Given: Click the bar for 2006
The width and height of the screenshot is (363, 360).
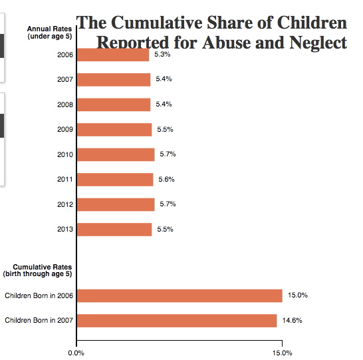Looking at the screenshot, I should pyautogui.click(x=113, y=55).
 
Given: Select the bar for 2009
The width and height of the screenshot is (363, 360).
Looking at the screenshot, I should pyautogui.click(x=114, y=130).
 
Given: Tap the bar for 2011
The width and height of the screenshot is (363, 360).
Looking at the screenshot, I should pyautogui.click(x=115, y=180).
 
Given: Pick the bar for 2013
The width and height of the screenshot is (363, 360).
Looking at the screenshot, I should pyautogui.click(x=114, y=230).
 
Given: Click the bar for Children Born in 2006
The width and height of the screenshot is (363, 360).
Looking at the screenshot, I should pyautogui.click(x=180, y=295).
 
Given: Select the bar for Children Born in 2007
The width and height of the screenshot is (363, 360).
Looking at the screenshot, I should pyautogui.click(x=177, y=321).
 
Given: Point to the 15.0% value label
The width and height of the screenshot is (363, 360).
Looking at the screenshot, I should pyautogui.click(x=297, y=295).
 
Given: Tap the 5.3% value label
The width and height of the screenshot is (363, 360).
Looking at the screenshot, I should pyautogui.click(x=162, y=55).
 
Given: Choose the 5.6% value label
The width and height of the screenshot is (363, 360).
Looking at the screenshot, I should pyautogui.click(x=166, y=180).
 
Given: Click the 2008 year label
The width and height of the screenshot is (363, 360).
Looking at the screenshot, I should pyautogui.click(x=65, y=105).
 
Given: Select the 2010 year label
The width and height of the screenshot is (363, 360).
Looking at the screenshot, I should pyautogui.click(x=65, y=155).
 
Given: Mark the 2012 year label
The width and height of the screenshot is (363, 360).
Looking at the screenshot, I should pyautogui.click(x=65, y=205).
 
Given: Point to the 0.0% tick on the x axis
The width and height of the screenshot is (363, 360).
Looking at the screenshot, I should pyautogui.click(x=77, y=353).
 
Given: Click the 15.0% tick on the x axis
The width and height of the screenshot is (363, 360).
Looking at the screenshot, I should pyautogui.click(x=282, y=353).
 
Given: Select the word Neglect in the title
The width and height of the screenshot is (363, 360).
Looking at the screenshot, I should pyautogui.click(x=318, y=43).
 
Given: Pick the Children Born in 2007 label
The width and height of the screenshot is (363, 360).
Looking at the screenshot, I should pyautogui.click(x=39, y=321).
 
